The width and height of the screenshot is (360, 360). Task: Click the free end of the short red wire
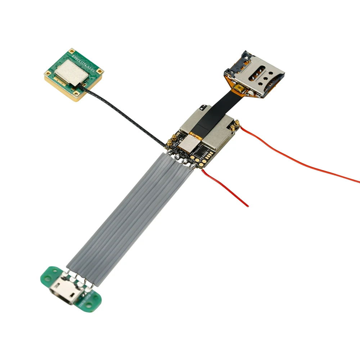point(247,206)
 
